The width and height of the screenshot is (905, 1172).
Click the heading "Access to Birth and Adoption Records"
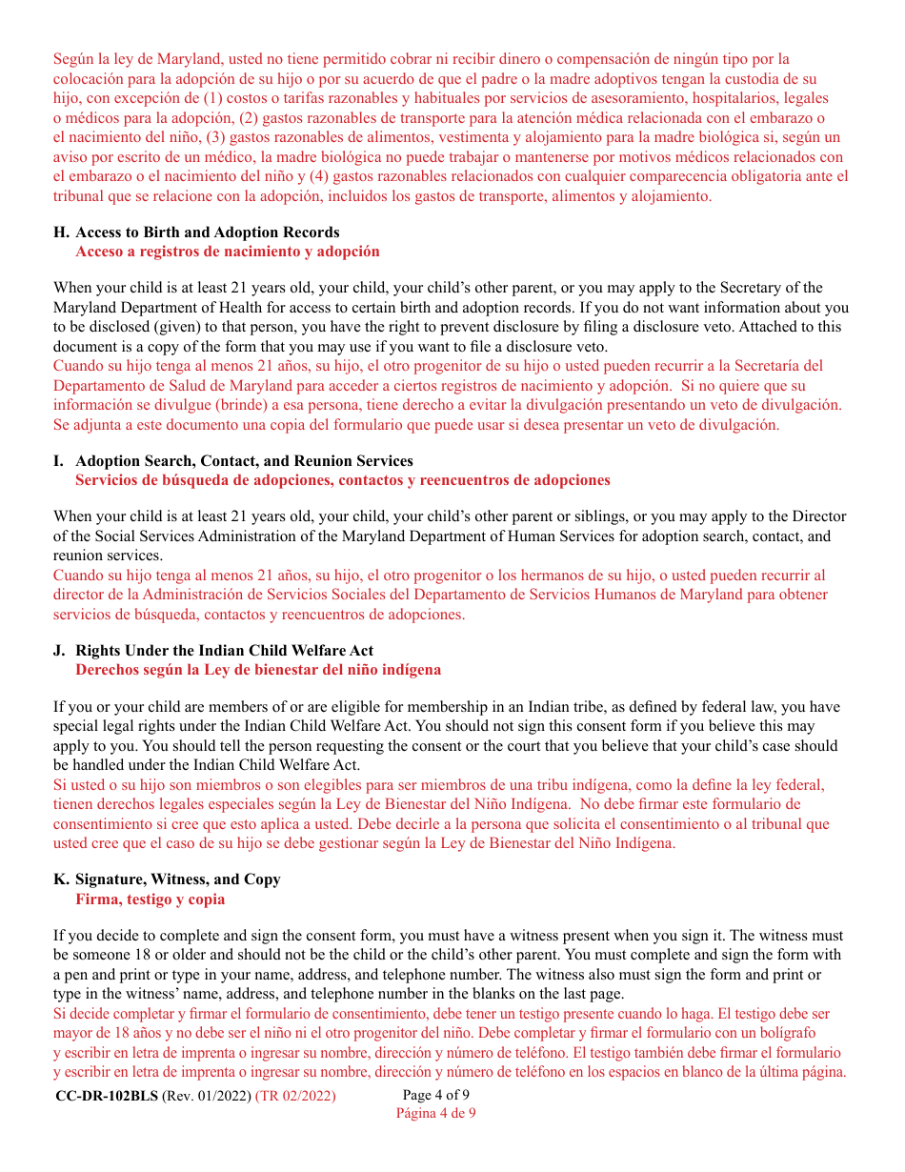click(207, 232)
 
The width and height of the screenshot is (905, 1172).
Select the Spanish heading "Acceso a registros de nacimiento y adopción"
click(227, 252)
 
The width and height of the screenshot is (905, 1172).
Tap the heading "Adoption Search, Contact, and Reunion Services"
click(244, 461)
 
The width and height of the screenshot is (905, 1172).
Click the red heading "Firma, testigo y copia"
click(150, 899)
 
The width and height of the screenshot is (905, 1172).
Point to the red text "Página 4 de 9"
click(435, 1112)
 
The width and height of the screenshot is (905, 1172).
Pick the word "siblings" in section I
click(598, 516)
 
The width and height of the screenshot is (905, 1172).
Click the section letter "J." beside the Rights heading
click(60, 651)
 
